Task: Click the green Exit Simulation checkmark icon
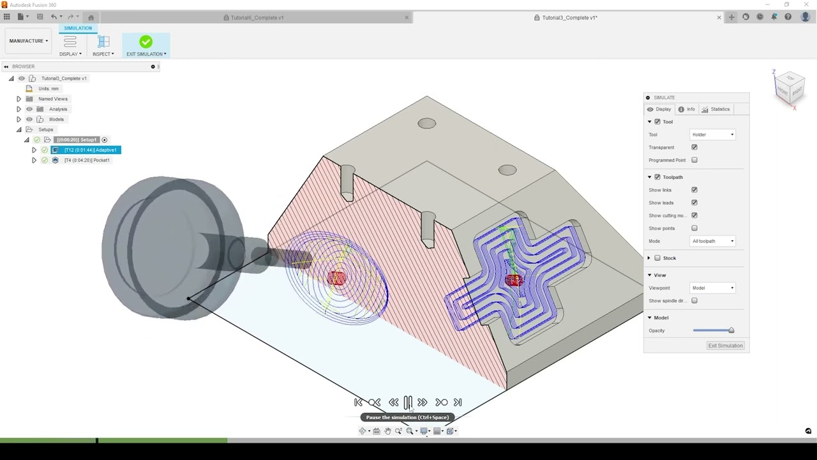pyautogui.click(x=146, y=42)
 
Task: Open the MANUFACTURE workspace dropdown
pyautogui.click(x=29, y=41)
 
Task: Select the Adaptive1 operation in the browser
pyautogui.click(x=89, y=150)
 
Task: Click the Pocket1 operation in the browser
pyautogui.click(x=87, y=160)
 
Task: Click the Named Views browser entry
pyautogui.click(x=52, y=99)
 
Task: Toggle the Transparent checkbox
pyautogui.click(x=694, y=148)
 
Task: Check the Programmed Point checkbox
pyautogui.click(x=694, y=160)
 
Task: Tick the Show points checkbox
pyautogui.click(x=694, y=228)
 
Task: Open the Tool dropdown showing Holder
pyautogui.click(x=713, y=135)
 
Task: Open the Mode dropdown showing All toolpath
pyautogui.click(x=713, y=241)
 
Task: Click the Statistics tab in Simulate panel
pyautogui.click(x=716, y=109)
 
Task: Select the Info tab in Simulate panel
pyautogui.click(x=686, y=109)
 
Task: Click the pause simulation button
pyautogui.click(x=408, y=402)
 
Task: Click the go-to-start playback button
pyautogui.click(x=358, y=402)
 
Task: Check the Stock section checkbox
pyautogui.click(x=657, y=258)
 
